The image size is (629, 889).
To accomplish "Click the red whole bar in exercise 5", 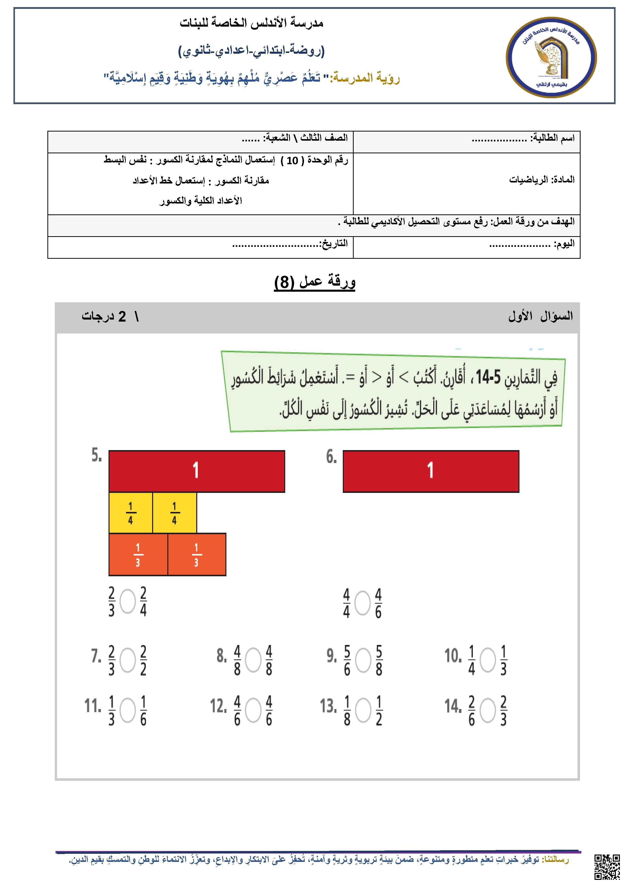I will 197,471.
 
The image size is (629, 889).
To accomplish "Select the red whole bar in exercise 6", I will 431,471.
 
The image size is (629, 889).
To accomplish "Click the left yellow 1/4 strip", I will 131,513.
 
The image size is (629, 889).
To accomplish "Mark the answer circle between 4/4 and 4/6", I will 363,603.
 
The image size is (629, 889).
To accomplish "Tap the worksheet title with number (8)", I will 314,282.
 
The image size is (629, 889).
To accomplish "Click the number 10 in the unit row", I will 292,160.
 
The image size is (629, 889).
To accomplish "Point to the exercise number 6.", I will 331,457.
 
